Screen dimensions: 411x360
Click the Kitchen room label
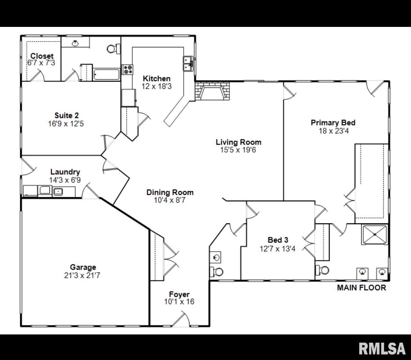(157, 78)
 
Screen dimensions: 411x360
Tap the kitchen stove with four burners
(127, 69)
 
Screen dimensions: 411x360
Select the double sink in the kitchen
(188, 63)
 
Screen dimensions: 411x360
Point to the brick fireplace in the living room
(212, 91)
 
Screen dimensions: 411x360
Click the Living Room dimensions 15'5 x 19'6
(238, 150)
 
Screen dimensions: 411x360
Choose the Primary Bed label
(333, 123)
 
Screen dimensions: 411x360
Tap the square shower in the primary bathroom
(375, 235)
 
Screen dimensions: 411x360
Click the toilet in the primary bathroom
(322, 270)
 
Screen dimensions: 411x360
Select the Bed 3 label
(278, 240)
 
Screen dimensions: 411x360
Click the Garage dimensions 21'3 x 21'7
(82, 276)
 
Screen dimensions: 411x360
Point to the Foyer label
(179, 294)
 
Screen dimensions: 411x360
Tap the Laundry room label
(65, 172)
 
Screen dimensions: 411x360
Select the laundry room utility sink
(58, 191)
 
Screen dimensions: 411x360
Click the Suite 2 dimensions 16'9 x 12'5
(66, 124)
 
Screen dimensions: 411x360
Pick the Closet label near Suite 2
(42, 56)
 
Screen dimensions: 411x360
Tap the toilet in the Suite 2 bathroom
(113, 49)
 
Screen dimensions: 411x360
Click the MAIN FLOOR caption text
(362, 288)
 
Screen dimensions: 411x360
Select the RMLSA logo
(382, 349)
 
